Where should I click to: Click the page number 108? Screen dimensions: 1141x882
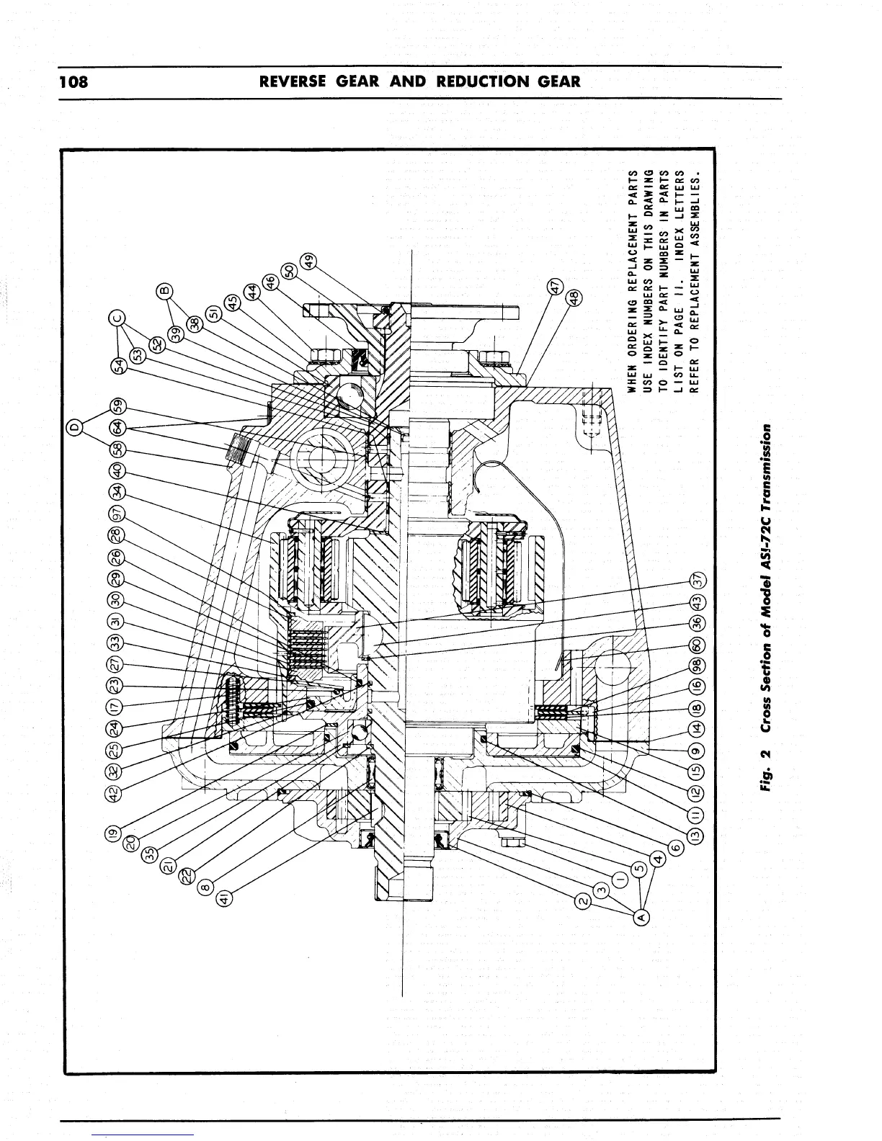[x=73, y=81]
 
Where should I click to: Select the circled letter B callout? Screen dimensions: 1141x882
[x=164, y=290]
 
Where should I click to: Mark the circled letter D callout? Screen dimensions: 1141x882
[x=73, y=429]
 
